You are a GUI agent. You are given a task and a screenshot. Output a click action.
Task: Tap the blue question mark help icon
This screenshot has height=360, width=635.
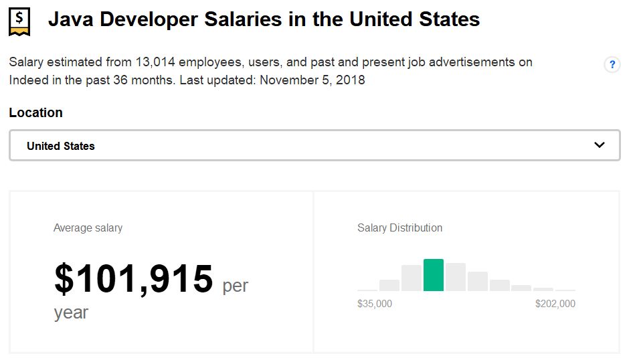(612, 65)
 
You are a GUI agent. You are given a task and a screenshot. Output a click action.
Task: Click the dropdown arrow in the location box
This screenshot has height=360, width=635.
(599, 145)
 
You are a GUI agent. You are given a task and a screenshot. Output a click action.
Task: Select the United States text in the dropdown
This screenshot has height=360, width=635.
(61, 146)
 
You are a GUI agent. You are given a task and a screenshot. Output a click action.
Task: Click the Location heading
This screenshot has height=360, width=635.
(36, 112)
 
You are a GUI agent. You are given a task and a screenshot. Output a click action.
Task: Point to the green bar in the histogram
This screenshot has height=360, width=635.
(434, 275)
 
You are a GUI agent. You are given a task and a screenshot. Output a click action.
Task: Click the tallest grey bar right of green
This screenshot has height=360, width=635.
(456, 277)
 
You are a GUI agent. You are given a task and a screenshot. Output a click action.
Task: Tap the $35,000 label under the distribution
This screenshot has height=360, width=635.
(375, 304)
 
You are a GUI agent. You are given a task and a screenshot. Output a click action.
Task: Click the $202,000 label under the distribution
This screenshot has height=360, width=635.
(555, 304)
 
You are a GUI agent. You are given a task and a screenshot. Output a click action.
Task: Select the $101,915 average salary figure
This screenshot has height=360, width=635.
(134, 279)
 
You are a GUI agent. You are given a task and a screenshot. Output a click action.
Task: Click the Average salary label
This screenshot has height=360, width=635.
(88, 228)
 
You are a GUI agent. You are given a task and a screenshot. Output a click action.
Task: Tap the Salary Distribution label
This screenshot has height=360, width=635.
(399, 228)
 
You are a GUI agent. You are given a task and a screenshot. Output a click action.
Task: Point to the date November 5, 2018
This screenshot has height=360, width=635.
(312, 80)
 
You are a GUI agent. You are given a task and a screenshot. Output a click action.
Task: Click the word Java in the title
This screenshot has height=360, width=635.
(72, 19)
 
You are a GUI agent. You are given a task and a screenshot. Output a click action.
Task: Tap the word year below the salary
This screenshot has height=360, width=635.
(71, 312)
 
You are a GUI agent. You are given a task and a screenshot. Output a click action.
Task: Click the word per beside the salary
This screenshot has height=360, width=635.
(235, 286)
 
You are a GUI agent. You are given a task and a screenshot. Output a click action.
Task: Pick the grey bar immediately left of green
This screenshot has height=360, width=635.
(412, 278)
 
